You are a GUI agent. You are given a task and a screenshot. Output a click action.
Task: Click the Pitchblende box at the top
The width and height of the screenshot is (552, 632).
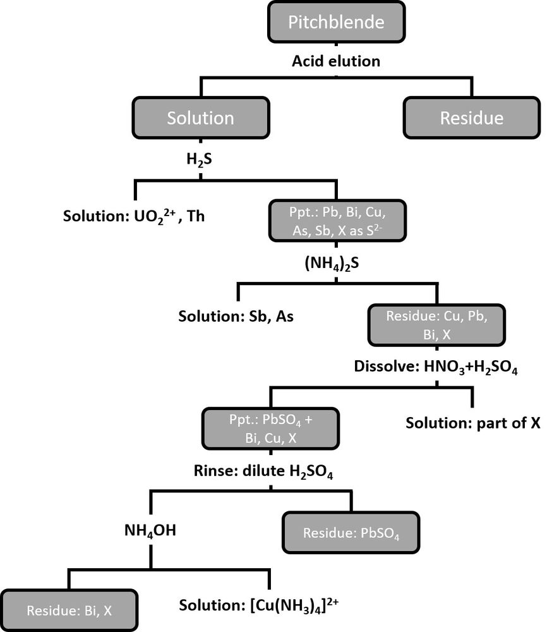click(x=336, y=22)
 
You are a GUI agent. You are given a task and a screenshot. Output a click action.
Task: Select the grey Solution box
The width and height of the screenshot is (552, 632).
click(x=200, y=118)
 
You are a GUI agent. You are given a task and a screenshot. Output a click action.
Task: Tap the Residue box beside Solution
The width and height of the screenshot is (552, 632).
click(x=472, y=118)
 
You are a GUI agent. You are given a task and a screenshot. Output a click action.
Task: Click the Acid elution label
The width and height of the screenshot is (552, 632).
click(x=336, y=61)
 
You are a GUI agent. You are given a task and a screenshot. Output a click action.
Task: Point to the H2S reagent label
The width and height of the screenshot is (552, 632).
click(x=199, y=159)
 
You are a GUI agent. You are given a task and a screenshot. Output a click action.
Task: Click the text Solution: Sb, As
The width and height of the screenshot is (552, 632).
click(x=236, y=316)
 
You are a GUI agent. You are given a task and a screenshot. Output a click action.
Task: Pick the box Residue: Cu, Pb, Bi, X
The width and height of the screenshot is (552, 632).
click(x=436, y=325)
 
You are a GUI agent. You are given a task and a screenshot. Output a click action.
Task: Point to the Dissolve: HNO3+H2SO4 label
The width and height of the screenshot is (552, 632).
click(x=436, y=368)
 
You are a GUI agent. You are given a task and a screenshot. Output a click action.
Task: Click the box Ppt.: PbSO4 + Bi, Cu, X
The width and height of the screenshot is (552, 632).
click(x=271, y=429)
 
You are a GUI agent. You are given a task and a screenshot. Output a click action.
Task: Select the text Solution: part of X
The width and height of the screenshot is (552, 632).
click(x=473, y=423)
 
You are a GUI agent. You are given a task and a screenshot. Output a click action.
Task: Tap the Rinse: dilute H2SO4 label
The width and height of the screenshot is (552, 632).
click(x=271, y=471)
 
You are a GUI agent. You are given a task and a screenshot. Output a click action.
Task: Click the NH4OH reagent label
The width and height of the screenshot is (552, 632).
click(x=150, y=530)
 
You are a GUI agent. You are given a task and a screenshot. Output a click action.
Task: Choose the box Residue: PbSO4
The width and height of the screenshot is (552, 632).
click(x=351, y=533)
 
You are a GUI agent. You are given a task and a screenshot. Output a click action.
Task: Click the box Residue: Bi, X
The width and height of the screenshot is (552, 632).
click(x=69, y=611)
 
